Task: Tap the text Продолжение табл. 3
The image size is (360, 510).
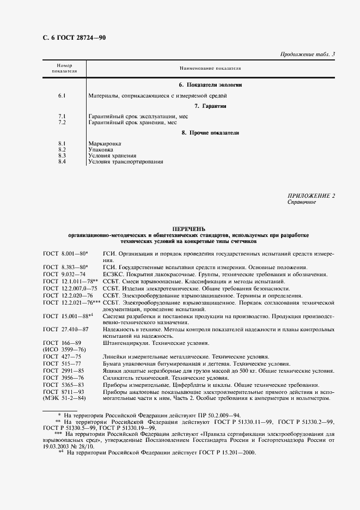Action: pyautogui.click(x=307, y=54)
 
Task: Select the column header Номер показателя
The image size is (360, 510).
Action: pyautogui.click(x=64, y=68)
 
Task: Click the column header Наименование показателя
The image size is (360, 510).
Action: pyautogui.click(x=210, y=68)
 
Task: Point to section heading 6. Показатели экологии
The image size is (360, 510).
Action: pyautogui.click(x=210, y=86)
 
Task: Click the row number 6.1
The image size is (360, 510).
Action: pyautogui.click(x=62, y=96)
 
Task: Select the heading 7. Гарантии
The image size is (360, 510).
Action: pyautogui.click(x=210, y=106)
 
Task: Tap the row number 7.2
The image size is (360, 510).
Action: pyautogui.click(x=62, y=122)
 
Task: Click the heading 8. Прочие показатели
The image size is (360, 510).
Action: pyautogui.click(x=210, y=132)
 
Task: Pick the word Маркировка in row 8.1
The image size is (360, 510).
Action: pyautogui.click(x=105, y=143)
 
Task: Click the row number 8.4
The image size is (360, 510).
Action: pyautogui.click(x=62, y=161)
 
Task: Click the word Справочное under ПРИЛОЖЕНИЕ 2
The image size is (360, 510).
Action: pyautogui.click(x=301, y=202)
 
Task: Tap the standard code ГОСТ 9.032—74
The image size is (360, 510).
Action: pyautogui.click(x=64, y=274)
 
